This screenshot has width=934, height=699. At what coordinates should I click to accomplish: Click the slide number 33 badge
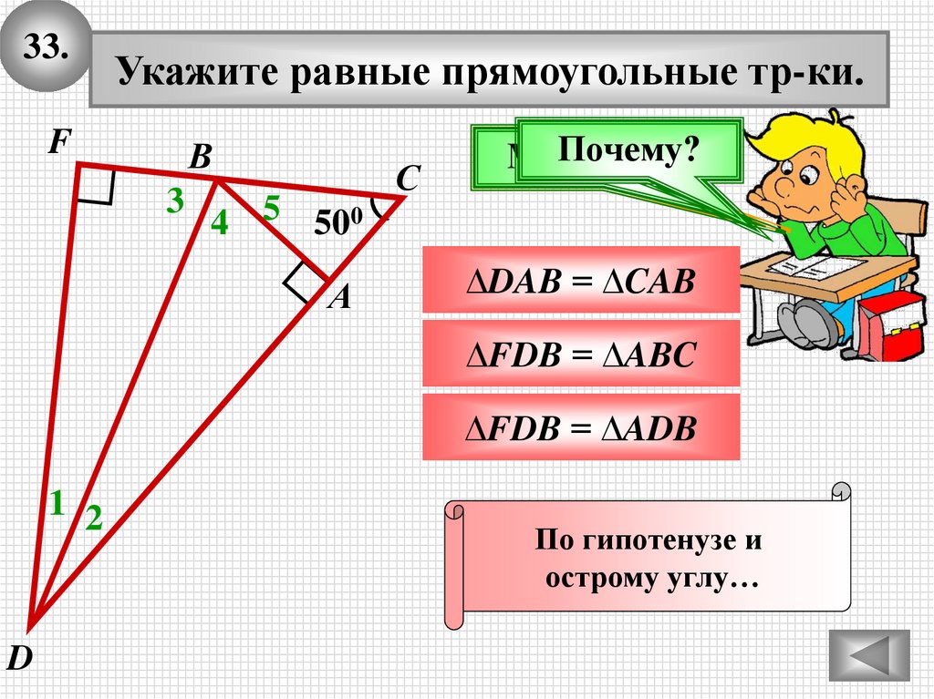click(x=46, y=47)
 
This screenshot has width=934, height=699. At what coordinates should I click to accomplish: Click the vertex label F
click(x=59, y=142)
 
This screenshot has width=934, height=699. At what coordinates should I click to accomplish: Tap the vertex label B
click(x=200, y=158)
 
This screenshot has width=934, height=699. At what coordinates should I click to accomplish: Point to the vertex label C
click(x=407, y=179)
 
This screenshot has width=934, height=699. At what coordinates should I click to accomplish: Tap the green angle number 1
click(x=57, y=501)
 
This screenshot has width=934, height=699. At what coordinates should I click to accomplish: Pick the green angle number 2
click(x=94, y=519)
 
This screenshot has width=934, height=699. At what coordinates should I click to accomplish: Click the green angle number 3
click(x=174, y=201)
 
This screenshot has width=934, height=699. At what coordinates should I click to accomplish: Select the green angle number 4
click(x=219, y=223)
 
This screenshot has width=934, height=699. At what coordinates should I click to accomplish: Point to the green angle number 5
click(x=271, y=209)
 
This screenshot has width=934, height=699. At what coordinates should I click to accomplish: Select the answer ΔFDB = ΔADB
click(x=580, y=427)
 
